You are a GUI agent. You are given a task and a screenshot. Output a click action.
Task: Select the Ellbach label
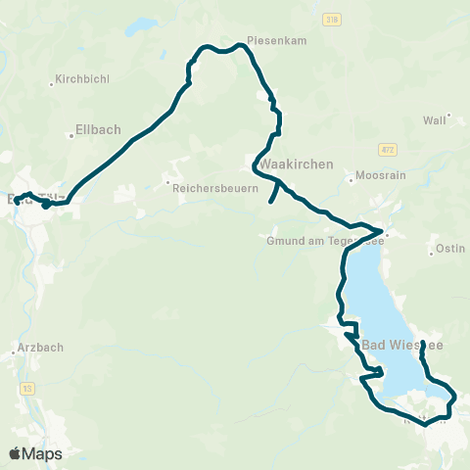(95, 126)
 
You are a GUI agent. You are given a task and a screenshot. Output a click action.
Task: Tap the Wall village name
(434, 119)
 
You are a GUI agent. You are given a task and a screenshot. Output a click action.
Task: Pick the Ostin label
(449, 248)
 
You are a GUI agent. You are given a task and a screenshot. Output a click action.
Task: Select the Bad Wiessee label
(402, 346)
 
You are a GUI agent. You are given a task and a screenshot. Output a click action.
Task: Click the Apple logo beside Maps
(16, 453)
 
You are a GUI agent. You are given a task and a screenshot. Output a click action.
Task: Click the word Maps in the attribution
(42, 453)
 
